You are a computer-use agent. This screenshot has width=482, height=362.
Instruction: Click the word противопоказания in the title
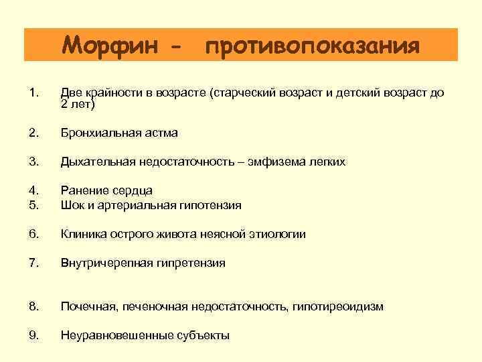(313, 47)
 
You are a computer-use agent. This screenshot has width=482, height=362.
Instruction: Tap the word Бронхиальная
(101, 133)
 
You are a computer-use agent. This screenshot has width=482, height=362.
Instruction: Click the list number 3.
(35, 162)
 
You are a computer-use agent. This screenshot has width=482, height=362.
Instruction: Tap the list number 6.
(35, 234)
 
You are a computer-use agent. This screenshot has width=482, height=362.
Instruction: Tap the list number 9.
(35, 335)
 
